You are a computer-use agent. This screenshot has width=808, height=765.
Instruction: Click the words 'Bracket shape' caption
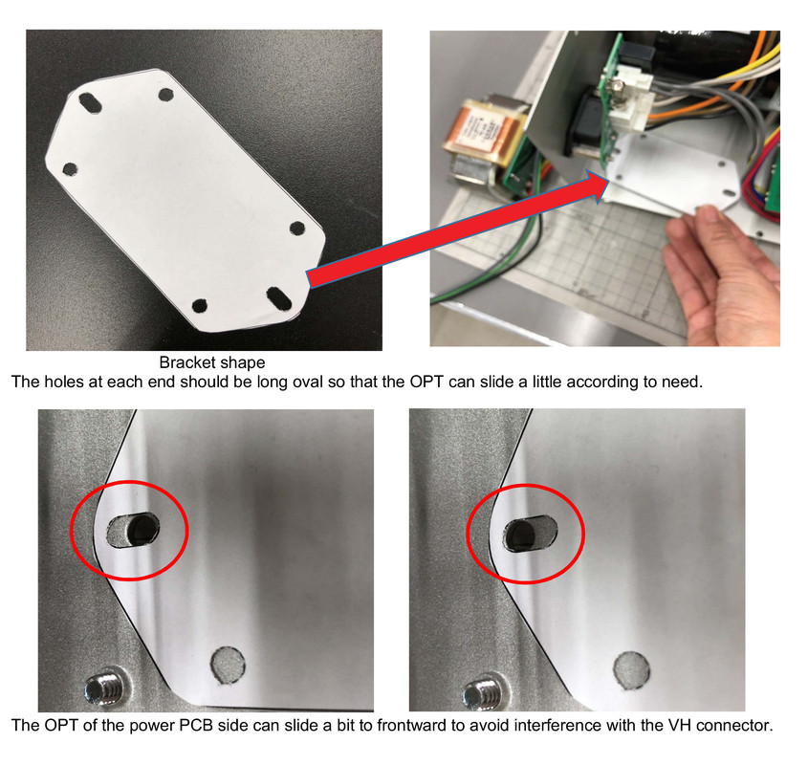point(212,362)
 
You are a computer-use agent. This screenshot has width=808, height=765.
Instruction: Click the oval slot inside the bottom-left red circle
point(132,530)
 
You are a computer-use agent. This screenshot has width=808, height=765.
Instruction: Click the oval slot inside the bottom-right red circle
point(531,533)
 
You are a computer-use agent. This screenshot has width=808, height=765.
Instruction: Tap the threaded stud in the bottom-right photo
point(483,693)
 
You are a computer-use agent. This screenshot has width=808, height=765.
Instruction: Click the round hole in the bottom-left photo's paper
point(228,666)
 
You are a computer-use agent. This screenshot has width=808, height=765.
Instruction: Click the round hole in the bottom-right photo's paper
point(631,670)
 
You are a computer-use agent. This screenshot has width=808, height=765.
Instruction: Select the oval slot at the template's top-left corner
point(90,102)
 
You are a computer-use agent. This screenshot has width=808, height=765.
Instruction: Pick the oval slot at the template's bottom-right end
point(279,299)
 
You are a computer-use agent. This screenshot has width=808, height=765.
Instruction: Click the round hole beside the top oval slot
point(166,95)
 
